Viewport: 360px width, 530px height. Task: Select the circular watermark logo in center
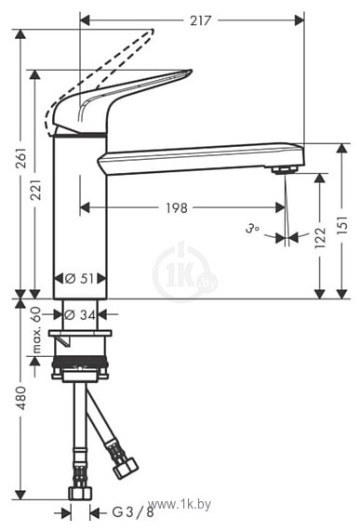(184, 272)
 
